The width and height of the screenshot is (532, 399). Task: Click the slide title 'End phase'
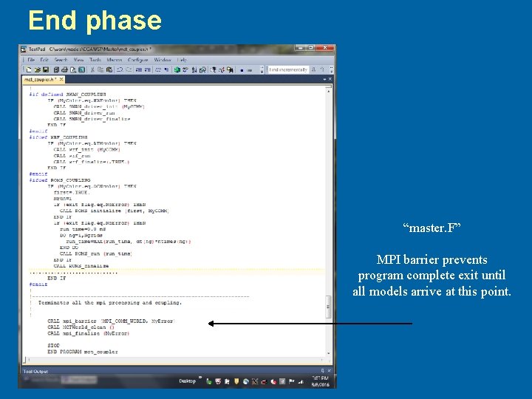coord(95,20)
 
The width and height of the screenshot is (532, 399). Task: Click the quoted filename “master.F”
coord(432,229)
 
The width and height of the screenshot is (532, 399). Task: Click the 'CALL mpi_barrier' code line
coord(111,321)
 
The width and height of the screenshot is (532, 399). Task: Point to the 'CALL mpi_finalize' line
coord(88,333)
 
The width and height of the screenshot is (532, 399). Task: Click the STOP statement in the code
coord(53,345)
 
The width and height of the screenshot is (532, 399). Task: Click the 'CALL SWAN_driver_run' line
coord(82,113)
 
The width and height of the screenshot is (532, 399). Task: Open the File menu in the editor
coord(30,60)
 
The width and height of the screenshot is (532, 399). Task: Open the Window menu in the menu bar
coord(163,60)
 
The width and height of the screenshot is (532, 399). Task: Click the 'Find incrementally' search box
coord(289,69)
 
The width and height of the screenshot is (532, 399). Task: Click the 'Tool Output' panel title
coord(35,371)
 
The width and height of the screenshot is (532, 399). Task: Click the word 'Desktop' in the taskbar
coord(187,381)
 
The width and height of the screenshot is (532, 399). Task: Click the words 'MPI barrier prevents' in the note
coord(432,260)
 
